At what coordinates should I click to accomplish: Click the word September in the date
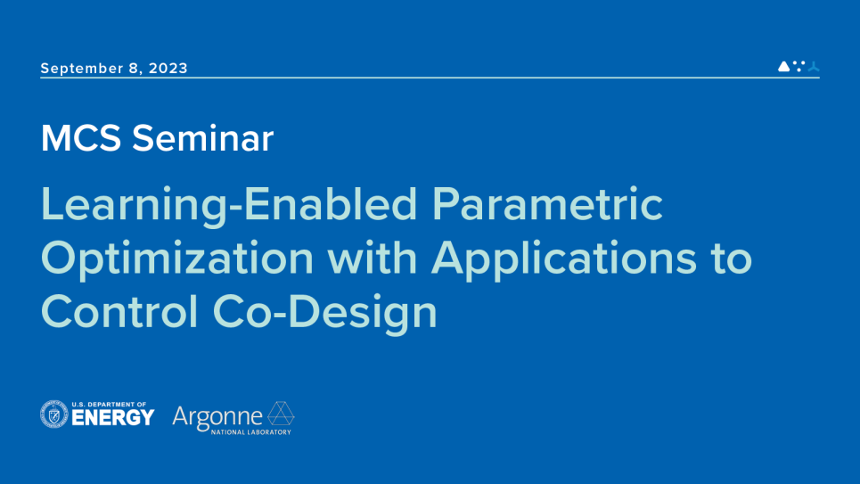pyautogui.click(x=81, y=69)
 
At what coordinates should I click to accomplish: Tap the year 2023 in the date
pyautogui.click(x=168, y=68)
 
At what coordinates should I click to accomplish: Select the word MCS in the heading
pyautogui.click(x=81, y=138)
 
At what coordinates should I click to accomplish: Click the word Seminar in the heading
pyautogui.click(x=202, y=138)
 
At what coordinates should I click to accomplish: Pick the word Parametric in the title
pyautogui.click(x=547, y=203)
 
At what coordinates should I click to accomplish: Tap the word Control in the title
pyautogui.click(x=119, y=312)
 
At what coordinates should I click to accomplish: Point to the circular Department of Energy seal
pyautogui.click(x=54, y=414)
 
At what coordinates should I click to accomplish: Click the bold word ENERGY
pyautogui.click(x=113, y=418)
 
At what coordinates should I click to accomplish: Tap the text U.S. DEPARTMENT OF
pyautogui.click(x=109, y=405)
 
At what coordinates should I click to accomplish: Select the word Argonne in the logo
pyautogui.click(x=217, y=417)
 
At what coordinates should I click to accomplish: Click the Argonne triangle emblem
pyautogui.click(x=281, y=414)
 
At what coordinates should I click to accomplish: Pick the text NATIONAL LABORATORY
pyautogui.click(x=251, y=432)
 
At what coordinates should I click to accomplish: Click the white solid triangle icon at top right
pyautogui.click(x=783, y=66)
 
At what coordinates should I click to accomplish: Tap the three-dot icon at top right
pyautogui.click(x=799, y=66)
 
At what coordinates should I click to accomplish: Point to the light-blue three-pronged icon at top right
pyautogui.click(x=814, y=66)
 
